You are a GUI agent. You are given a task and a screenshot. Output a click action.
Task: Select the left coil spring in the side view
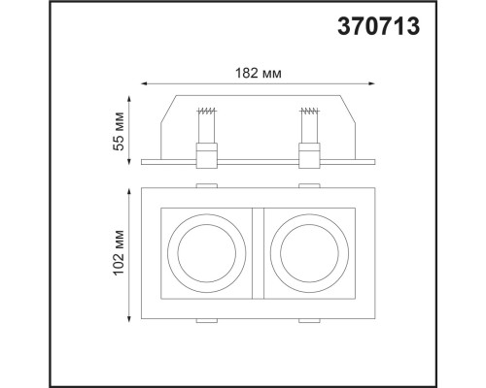206,123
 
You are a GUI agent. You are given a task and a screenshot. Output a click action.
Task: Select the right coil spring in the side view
308,123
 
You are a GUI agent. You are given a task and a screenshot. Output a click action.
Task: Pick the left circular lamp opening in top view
206,252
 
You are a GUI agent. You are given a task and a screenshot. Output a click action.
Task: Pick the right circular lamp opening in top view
308,252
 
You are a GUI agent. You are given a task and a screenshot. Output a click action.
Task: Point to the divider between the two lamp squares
257,252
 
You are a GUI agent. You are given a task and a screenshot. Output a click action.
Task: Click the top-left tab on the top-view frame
206,184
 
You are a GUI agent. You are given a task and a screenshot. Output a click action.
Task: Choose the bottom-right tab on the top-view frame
308,320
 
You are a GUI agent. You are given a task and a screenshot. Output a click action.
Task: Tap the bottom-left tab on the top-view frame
206,320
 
